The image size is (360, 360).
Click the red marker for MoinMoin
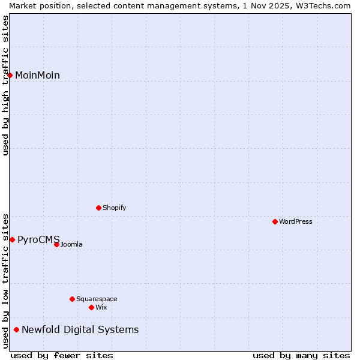pos(10,75)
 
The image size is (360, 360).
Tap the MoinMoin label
pos(37,76)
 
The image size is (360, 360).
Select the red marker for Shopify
pos(98,208)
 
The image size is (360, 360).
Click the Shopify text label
pos(114,208)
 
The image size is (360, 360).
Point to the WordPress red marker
pos(275,222)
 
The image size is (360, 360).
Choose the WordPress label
pos(295,222)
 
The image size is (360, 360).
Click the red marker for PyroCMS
pos(12,240)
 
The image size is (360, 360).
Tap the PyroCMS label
pos(38,240)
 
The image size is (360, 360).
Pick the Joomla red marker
pos(56,244)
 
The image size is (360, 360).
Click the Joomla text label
pos(71,245)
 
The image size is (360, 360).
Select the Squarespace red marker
pos(72,299)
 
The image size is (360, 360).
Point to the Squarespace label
pos(97,299)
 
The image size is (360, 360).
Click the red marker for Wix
pos(91,307)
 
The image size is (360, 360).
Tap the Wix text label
pos(101,307)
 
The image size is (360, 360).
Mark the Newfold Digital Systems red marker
pos(16,329)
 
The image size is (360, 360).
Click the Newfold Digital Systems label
pos(80,330)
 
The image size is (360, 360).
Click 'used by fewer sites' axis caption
pos(62,356)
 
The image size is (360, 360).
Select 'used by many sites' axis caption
pos(301,356)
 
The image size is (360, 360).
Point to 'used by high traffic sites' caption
pos(6,85)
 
